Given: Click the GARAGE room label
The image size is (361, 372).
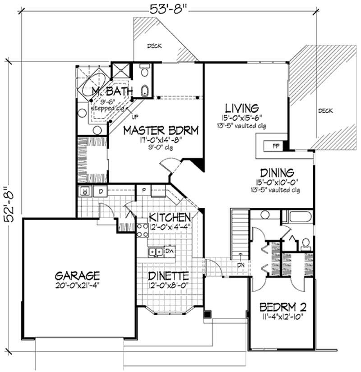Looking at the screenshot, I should [77, 275].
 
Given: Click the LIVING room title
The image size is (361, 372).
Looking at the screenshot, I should [242, 108].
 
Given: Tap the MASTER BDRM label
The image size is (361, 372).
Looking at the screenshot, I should [161, 131].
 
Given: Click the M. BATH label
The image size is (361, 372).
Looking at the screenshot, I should [112, 92].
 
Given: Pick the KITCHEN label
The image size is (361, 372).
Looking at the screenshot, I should [170, 217].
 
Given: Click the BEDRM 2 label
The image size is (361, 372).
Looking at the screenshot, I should [283, 308].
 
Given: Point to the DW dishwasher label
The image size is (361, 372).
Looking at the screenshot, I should [170, 250].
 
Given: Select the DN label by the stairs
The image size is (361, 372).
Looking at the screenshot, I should [242, 266].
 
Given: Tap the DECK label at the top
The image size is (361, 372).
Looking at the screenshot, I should [155, 46].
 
